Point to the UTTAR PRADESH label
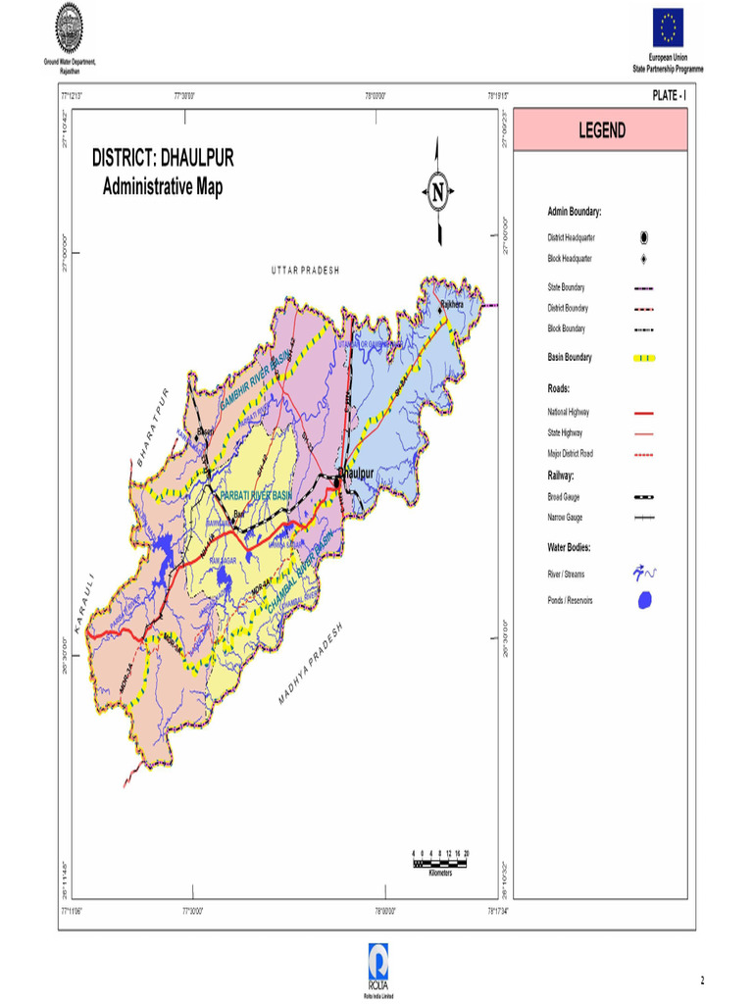[x=305, y=270]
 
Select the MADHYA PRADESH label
[x=311, y=664]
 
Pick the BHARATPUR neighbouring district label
[x=153, y=426]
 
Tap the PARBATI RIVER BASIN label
[x=256, y=495]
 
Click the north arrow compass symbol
[x=437, y=190]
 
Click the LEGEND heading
[x=599, y=130]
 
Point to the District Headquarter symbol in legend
[x=644, y=237]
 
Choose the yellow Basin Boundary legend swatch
[x=643, y=358]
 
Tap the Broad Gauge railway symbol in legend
[x=644, y=498]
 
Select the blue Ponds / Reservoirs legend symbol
[x=643, y=600]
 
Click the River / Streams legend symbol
[x=643, y=573]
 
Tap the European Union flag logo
[x=671, y=27]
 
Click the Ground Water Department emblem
[x=69, y=27]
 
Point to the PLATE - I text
[x=669, y=95]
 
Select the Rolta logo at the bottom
[x=377, y=959]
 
